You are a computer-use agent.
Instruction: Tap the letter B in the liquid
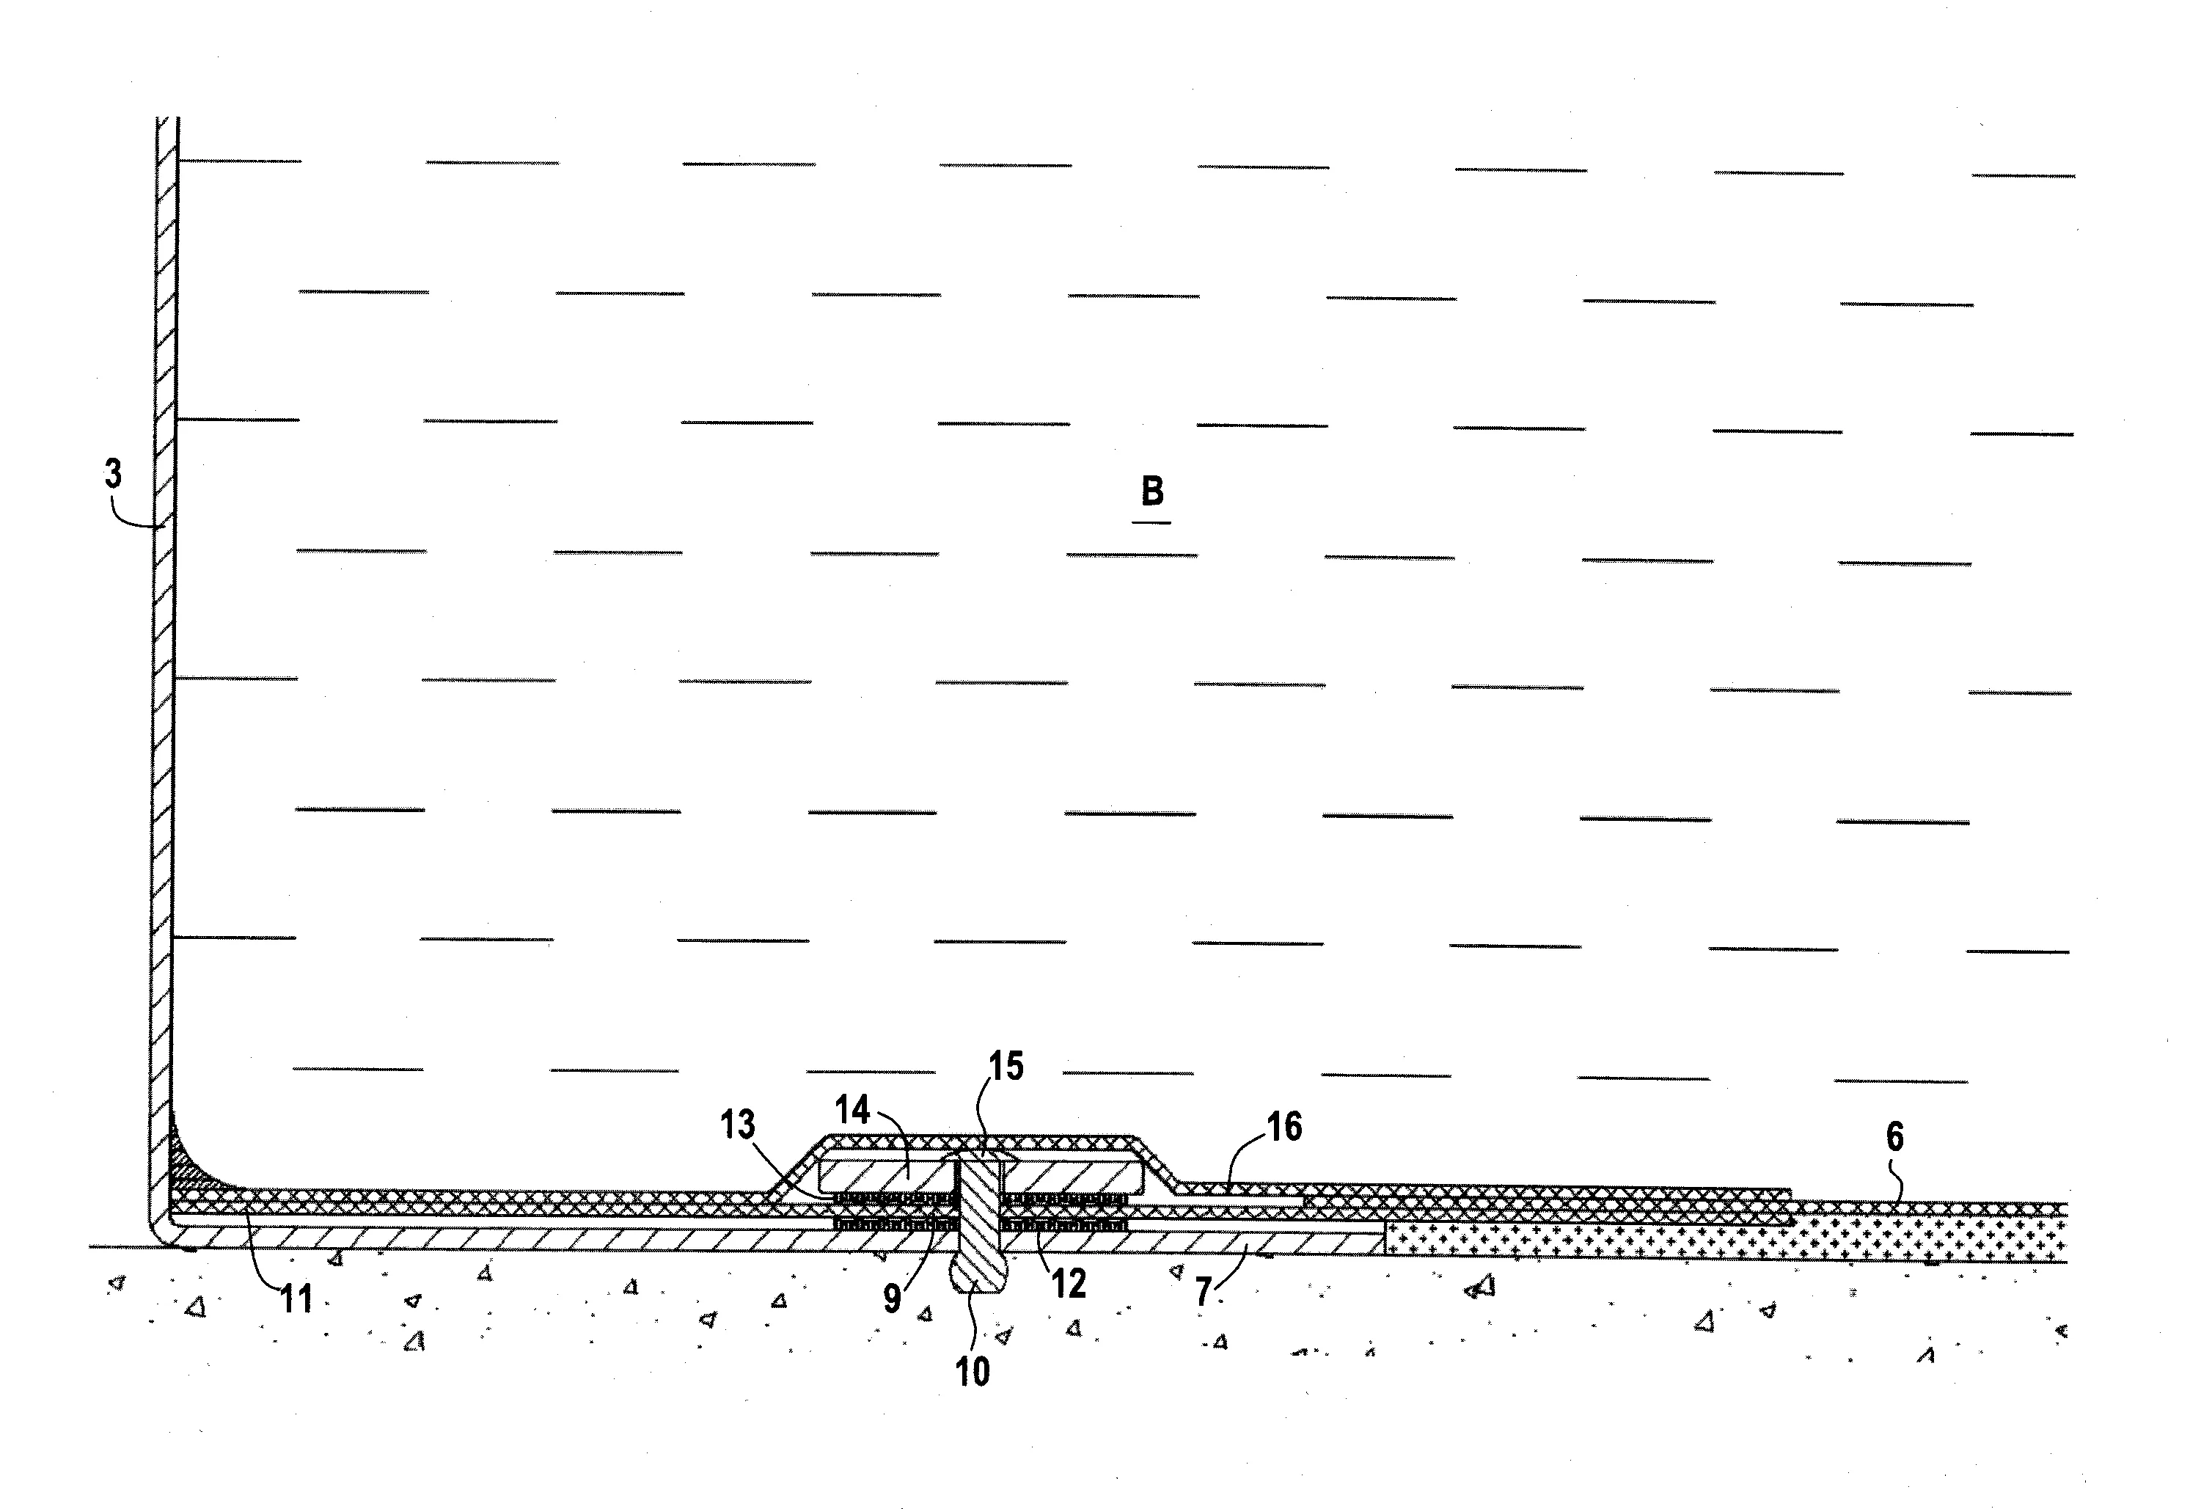pyautogui.click(x=1152, y=492)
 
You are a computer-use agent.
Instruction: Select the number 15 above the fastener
pyautogui.click(x=1006, y=1067)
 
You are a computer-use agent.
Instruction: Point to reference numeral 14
pyautogui.click(x=852, y=1109)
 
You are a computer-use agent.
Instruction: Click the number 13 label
pyautogui.click(x=739, y=1125)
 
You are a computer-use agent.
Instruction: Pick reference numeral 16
pyautogui.click(x=1283, y=1126)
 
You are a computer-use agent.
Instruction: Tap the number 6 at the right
pyautogui.click(x=1894, y=1136)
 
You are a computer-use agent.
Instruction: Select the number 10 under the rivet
pyautogui.click(x=973, y=1372)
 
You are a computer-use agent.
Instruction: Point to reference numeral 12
pyautogui.click(x=1069, y=1284)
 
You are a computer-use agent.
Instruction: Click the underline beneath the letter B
pyautogui.click(x=1152, y=522)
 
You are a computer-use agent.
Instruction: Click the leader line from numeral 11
pyautogui.click(x=260, y=1247)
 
